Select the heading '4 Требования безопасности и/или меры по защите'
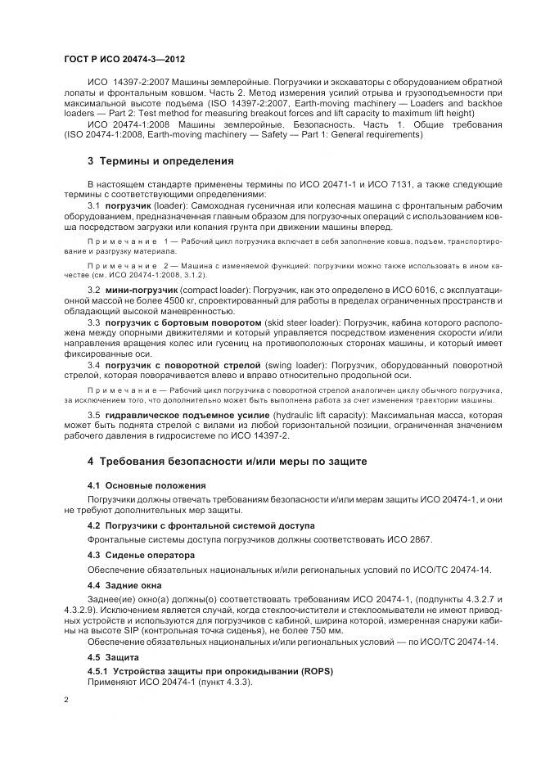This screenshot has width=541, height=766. (221, 462)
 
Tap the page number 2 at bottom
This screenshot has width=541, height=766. (65, 701)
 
